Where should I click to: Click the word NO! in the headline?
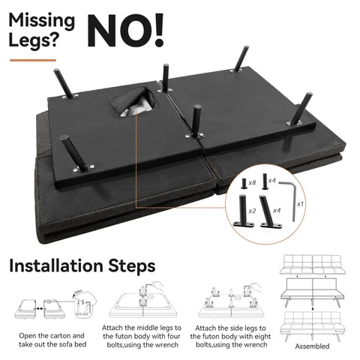(x=125, y=31)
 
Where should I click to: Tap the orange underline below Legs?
(x=33, y=60)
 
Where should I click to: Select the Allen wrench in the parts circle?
(x=289, y=199)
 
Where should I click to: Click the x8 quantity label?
(x=252, y=182)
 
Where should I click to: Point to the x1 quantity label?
(x=300, y=204)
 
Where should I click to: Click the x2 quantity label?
(x=252, y=211)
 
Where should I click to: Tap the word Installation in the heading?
(x=56, y=265)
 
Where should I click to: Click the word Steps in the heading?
(x=132, y=266)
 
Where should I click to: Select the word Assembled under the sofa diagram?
(x=312, y=346)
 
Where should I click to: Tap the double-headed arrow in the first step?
(x=39, y=309)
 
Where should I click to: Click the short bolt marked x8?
(x=243, y=183)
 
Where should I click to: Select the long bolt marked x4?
(x=265, y=181)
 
